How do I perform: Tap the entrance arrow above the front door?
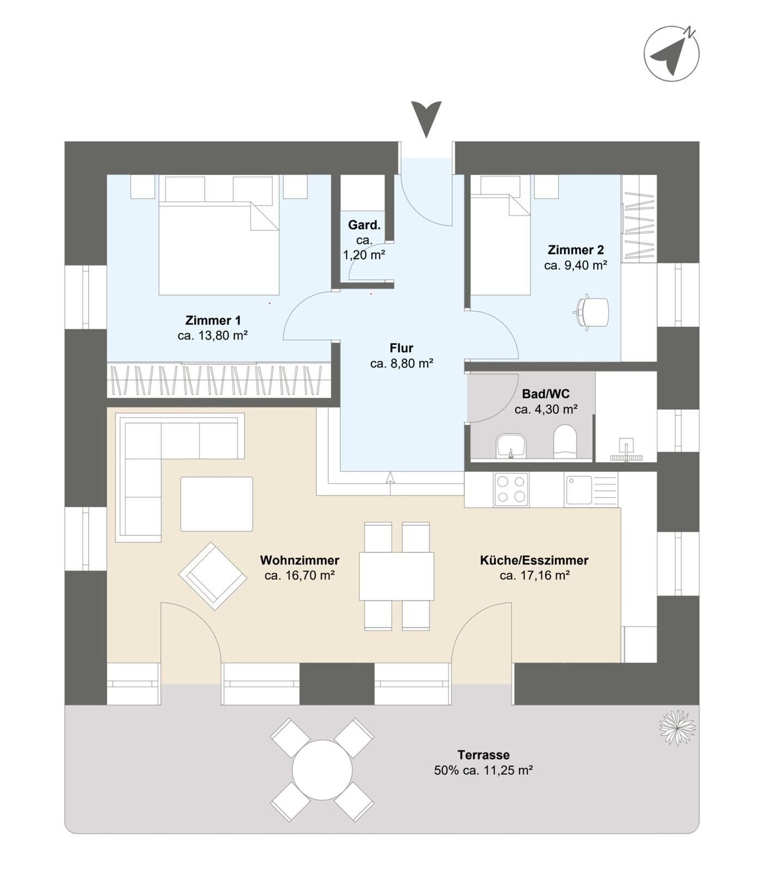(426, 119)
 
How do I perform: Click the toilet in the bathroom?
(565, 441)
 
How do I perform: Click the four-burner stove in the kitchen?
(511, 489)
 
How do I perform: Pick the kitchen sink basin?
(579, 489)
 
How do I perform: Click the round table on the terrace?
(322, 770)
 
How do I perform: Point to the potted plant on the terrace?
(677, 727)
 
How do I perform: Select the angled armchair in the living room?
(212, 576)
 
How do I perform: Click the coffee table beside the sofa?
(217, 504)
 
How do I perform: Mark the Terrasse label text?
(484, 755)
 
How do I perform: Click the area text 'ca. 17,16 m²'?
(535, 575)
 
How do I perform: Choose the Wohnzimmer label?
(300, 560)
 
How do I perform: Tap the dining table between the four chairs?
(397, 576)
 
